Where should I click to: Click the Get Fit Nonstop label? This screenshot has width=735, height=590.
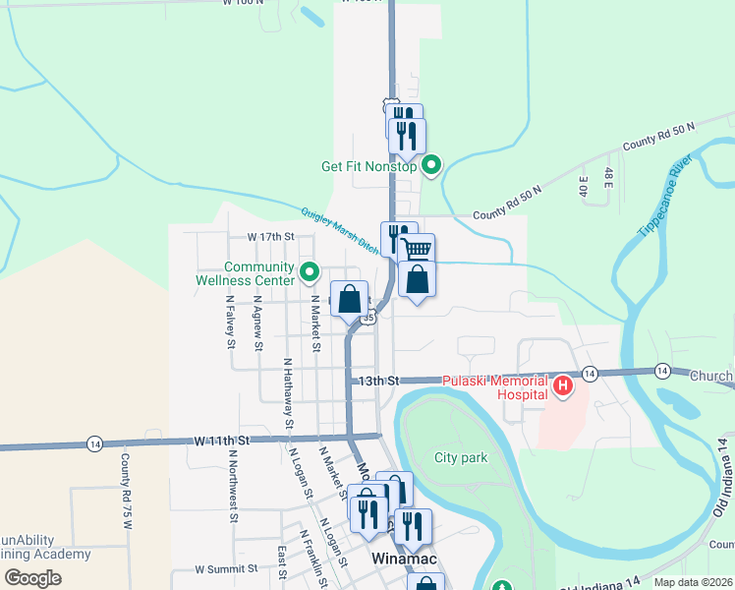369,166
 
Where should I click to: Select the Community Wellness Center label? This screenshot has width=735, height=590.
259,273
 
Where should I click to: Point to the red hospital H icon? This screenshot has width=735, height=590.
563,386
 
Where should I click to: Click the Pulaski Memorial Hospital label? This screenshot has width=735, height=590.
494,386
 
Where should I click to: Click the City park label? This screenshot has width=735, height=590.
461,458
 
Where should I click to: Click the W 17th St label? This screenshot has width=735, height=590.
271,237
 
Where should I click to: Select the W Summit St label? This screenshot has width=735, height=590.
226,568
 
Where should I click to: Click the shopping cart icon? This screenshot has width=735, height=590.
417,249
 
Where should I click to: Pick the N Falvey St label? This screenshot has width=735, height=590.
230,323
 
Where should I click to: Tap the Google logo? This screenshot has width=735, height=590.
32,578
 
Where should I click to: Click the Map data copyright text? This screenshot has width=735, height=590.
693,582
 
